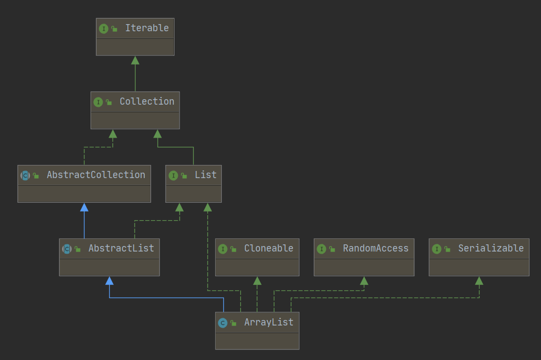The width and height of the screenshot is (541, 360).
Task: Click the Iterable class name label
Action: click(x=146, y=28)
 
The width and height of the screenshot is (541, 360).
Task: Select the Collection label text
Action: click(x=146, y=101)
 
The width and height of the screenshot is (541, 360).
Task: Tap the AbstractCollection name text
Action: click(x=95, y=175)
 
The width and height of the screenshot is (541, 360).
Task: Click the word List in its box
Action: click(x=205, y=175)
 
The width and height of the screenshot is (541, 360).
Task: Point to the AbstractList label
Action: click(x=121, y=248)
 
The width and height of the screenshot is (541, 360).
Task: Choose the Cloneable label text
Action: click(x=268, y=248)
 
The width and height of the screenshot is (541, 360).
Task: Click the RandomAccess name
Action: click(x=375, y=248)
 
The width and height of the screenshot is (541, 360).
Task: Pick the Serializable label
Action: click(x=491, y=248)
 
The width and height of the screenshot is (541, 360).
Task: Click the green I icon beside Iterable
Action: click(x=104, y=28)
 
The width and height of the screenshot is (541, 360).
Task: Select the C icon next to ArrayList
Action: click(x=222, y=323)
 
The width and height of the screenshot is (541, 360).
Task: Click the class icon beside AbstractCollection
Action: click(x=25, y=175)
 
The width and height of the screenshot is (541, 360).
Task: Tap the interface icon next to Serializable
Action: click(x=436, y=249)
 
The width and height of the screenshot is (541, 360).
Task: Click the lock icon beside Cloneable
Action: click(x=233, y=249)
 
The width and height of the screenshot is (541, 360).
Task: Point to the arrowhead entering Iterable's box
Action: click(x=135, y=60)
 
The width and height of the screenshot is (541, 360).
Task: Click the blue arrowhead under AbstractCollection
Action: click(x=84, y=207)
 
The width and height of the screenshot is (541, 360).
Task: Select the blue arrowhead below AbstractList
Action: click(x=109, y=281)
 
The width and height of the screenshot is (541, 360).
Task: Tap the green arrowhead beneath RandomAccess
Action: click(x=364, y=281)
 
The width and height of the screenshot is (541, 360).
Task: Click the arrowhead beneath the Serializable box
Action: click(x=479, y=281)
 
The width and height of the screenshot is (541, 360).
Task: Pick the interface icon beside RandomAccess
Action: click(x=321, y=249)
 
